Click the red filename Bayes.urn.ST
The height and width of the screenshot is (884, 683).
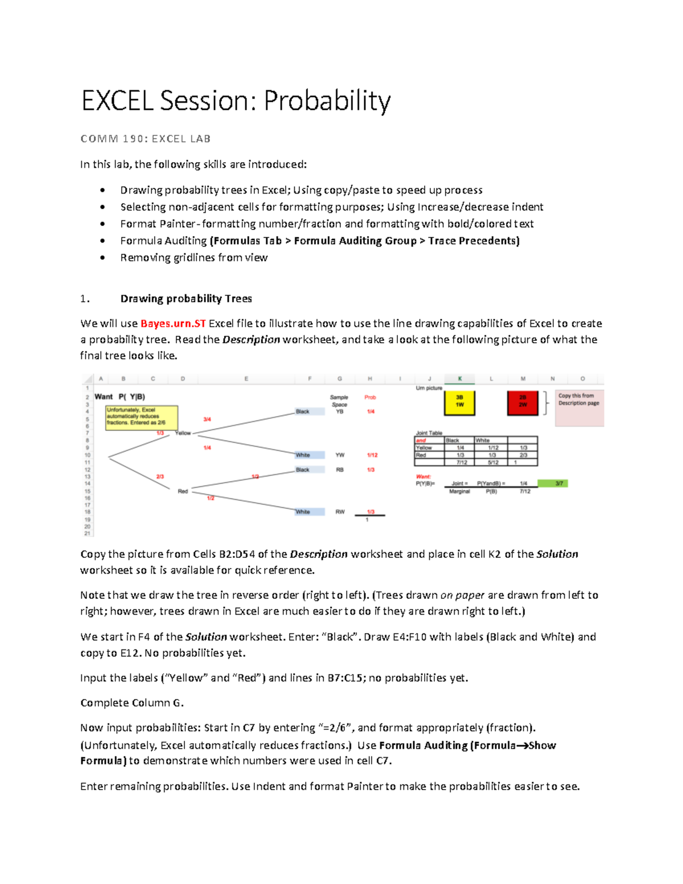[173, 324]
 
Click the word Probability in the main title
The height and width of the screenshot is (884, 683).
[327, 101]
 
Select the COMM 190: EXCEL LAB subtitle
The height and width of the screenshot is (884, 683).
[146, 139]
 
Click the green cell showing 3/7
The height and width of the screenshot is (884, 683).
[559, 483]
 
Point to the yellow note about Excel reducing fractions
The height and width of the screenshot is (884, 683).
[142, 417]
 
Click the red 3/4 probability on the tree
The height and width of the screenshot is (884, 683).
[207, 420]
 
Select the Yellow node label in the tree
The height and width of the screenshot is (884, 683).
[183, 433]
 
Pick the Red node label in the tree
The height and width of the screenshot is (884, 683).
[183, 491]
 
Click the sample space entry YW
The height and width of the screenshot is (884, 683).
[340, 455]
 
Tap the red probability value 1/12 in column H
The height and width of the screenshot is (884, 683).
[372, 455]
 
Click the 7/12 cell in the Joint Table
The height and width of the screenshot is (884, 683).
[461, 463]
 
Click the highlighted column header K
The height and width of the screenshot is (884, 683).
[460, 379]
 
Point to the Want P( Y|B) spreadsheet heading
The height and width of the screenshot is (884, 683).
[120, 397]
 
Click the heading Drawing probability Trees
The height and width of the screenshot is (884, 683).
[186, 299]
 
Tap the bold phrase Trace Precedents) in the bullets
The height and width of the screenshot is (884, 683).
[474, 241]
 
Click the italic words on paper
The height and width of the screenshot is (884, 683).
[462, 595]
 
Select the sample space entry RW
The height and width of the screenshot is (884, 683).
[340, 512]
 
